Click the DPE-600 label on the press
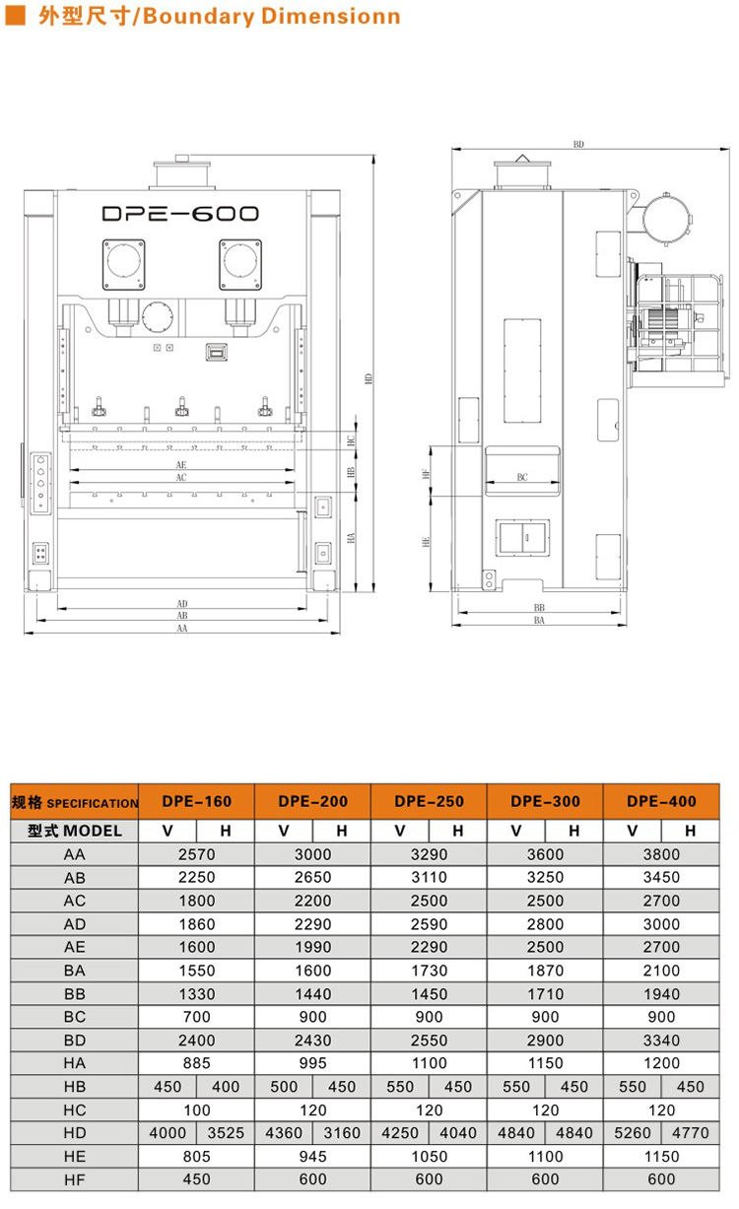180,214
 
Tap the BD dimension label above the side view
578,144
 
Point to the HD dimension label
369,378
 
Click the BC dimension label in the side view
522,477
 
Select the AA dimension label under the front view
182,629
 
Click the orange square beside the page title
15,15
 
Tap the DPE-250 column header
430,801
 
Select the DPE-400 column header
661,801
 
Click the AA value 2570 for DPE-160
196,855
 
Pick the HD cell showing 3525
226,1133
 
